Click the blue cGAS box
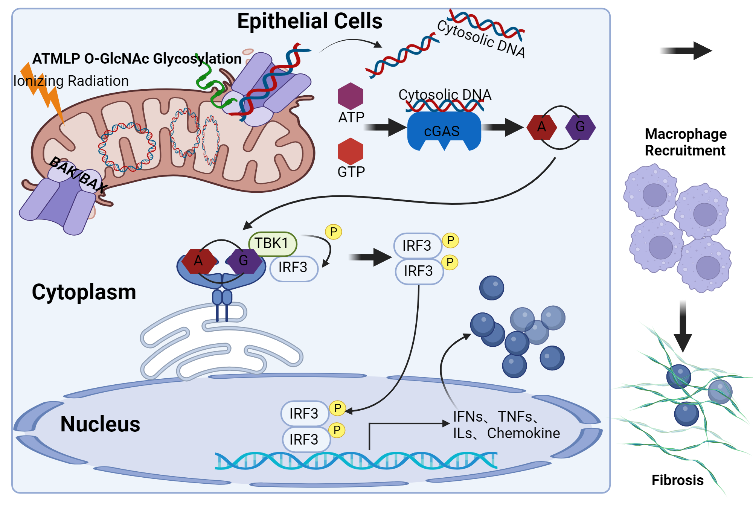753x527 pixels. (444, 131)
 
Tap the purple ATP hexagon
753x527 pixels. (351, 96)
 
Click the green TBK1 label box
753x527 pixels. (272, 244)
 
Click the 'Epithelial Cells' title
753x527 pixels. (309, 21)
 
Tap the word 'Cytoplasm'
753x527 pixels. (84, 292)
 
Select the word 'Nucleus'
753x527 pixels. (100, 424)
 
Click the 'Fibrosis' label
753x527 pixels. (677, 480)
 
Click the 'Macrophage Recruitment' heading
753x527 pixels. (685, 142)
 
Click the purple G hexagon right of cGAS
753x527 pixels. (580, 127)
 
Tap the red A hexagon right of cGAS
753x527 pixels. (541, 127)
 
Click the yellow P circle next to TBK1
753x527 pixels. (333, 232)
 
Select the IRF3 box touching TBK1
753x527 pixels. (294, 268)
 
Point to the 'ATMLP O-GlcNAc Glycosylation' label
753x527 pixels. (137, 59)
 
